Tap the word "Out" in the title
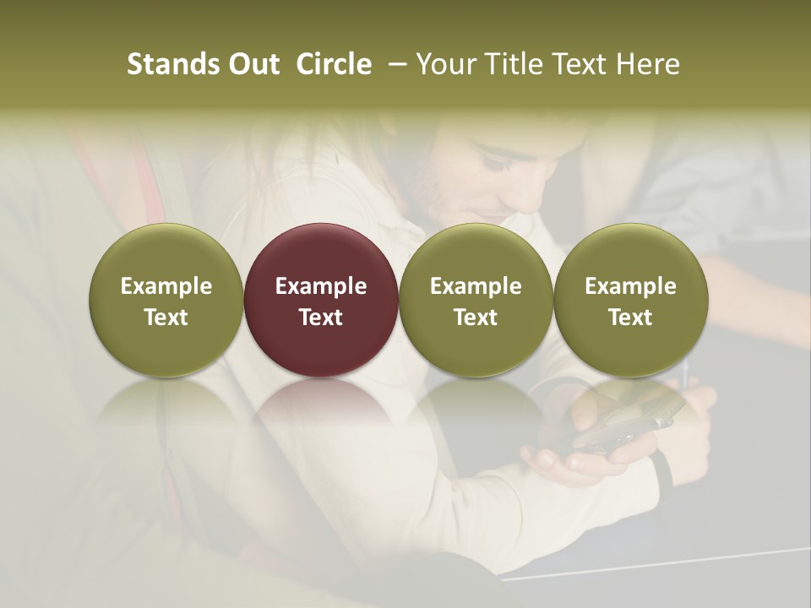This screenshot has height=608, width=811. point(253,64)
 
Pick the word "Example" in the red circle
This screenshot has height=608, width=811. point(321,286)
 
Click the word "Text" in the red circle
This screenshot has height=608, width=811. point(321,318)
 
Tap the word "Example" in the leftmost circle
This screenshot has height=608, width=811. point(166,286)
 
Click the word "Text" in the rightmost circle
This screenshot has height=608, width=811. point(631,318)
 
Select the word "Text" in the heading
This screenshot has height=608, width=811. point(581,64)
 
